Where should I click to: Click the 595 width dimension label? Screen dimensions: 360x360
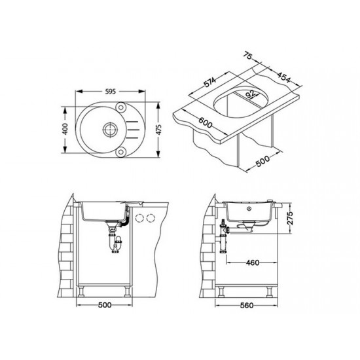111,92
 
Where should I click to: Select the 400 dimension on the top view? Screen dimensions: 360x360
65,129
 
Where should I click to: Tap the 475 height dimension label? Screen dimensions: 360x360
158,130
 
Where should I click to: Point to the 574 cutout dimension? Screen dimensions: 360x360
210,82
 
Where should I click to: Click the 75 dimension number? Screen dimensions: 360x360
248,56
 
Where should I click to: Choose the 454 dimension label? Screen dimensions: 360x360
283,77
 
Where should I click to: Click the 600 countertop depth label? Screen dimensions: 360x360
206,122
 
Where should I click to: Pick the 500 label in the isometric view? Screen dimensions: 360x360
262,161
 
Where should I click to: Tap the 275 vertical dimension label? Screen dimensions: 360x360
290,218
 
